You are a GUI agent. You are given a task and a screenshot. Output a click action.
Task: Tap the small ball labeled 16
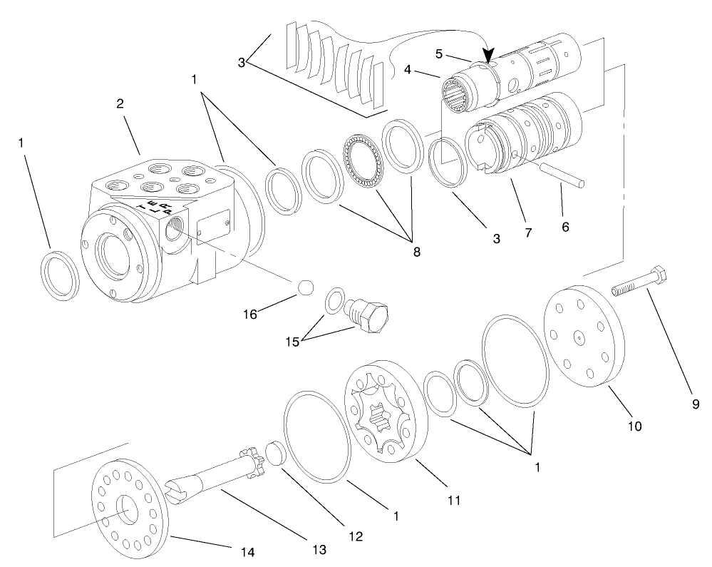tap(305, 287)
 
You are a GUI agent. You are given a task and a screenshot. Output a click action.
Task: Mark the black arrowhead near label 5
tap(489, 55)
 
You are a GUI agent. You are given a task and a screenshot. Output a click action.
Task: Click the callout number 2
tap(120, 103)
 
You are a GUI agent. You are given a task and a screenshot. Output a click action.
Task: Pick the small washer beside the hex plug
tap(333, 300)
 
